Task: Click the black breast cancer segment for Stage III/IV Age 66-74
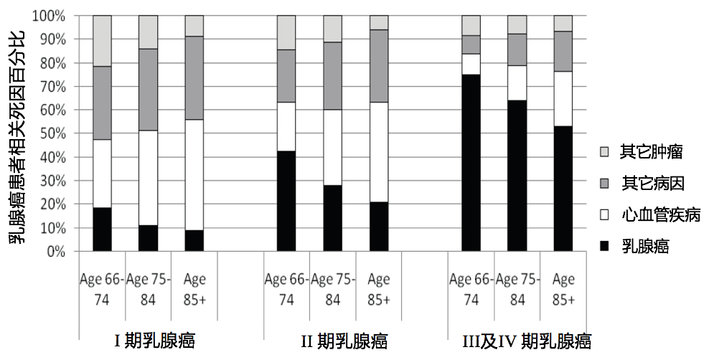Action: tap(471, 163)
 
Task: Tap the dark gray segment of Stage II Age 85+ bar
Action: tap(378, 66)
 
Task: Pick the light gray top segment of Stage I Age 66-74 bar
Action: tap(102, 41)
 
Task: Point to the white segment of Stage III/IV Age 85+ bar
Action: tap(563, 99)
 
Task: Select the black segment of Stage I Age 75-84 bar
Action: tap(148, 238)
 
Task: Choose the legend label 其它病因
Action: tap(647, 182)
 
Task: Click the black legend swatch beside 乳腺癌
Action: tap(604, 247)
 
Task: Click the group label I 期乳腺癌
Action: tap(154, 340)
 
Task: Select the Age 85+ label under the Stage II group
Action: tap(378, 289)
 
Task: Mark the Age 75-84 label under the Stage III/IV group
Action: tap(517, 289)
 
